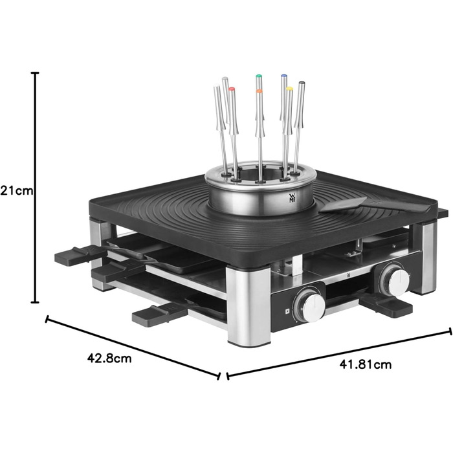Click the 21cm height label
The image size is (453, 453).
click(17, 191)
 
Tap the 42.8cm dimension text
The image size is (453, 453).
click(109, 359)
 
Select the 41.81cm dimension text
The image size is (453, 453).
click(366, 364)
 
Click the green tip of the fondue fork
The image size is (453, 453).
click(259, 77)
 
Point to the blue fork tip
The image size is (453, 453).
click(283, 76)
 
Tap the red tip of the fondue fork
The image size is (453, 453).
click(232, 89)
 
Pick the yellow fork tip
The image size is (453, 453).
click(289, 89)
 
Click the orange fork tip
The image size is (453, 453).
click(259, 91)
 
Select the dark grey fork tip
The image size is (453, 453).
click(302, 83)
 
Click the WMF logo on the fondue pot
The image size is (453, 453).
click(292, 197)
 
